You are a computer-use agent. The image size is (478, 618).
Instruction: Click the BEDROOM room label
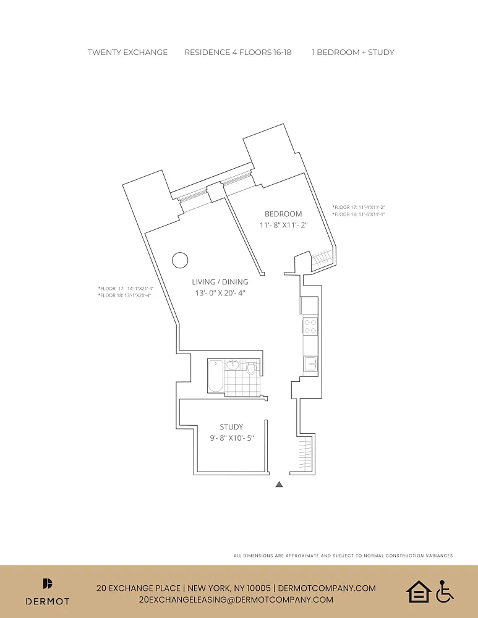click(x=283, y=214)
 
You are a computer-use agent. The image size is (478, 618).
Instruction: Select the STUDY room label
click(x=231, y=426)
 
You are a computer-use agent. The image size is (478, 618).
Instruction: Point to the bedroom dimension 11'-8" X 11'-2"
click(x=283, y=226)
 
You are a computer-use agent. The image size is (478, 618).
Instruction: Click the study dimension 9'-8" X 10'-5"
click(x=231, y=438)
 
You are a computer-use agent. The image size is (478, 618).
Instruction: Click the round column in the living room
click(x=179, y=260)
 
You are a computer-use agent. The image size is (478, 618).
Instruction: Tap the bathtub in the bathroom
click(x=215, y=376)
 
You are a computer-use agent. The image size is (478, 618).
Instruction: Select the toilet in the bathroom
click(x=251, y=369)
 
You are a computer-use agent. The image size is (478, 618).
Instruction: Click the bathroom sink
click(x=233, y=365)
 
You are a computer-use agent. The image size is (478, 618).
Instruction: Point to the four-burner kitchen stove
click(x=310, y=326)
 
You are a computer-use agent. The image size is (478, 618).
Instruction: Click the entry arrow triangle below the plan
click(x=279, y=485)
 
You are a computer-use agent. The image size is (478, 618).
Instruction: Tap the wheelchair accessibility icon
click(x=445, y=591)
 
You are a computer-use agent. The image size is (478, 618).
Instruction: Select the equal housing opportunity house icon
click(x=418, y=591)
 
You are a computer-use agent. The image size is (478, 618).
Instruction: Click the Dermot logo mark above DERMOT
click(x=48, y=583)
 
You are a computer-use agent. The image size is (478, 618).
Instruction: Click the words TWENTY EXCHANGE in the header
click(x=127, y=53)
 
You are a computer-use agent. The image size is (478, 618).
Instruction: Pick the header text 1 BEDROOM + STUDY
click(x=352, y=53)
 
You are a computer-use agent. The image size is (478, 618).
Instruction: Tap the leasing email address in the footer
click(x=236, y=599)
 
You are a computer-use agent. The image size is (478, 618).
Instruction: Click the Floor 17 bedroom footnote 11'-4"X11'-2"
click(x=359, y=207)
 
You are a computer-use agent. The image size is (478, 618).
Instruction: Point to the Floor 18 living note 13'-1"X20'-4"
click(x=125, y=295)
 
